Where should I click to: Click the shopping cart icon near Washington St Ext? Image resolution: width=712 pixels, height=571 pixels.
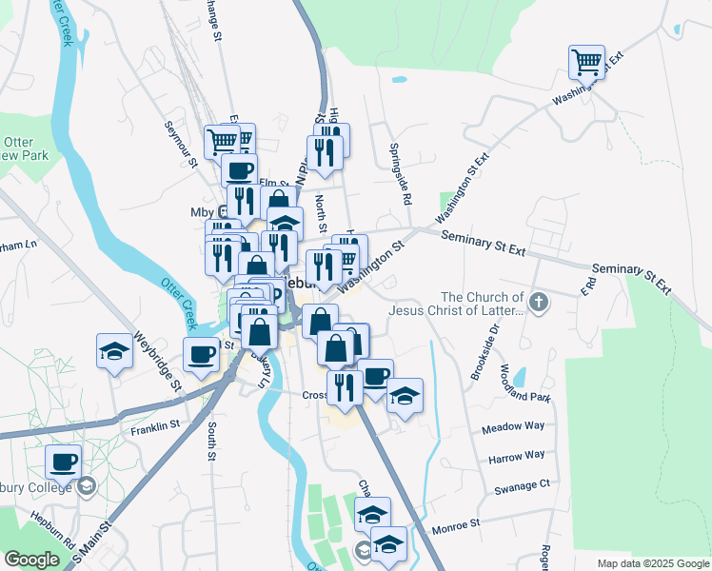(586, 63)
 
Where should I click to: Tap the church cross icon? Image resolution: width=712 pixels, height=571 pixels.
(539, 303)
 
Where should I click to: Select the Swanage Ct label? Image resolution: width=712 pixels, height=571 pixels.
(523, 483)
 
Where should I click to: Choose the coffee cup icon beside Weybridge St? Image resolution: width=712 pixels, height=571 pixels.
(202, 354)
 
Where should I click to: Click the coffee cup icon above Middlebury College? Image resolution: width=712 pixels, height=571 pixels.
(64, 462)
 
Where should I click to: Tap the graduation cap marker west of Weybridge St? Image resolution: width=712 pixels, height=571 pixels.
(114, 351)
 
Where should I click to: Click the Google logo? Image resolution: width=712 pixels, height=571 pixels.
(31, 560)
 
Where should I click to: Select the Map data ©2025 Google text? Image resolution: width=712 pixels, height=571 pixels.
(652, 563)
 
